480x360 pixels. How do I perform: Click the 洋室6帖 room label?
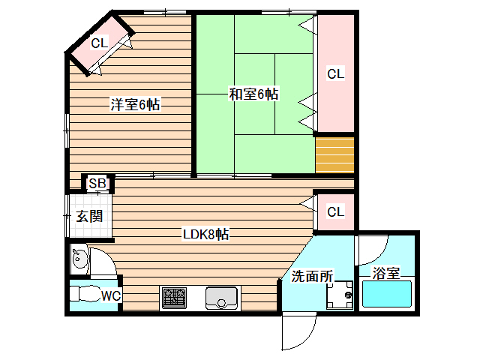135,105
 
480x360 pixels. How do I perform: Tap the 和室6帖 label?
254,94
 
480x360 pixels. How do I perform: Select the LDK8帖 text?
206,235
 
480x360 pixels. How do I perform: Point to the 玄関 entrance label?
89,217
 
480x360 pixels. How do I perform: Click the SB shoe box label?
97,184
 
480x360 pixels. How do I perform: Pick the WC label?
111,295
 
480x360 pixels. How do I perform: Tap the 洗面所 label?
311,276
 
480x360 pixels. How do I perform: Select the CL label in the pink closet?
335,74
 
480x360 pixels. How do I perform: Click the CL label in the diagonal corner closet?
100,43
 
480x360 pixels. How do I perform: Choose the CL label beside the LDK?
335,211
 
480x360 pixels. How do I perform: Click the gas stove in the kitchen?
174,298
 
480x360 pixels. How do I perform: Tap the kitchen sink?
221,298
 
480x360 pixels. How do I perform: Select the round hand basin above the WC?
80,260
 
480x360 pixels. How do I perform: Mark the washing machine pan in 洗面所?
340,294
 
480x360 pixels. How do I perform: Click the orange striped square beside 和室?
334,154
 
